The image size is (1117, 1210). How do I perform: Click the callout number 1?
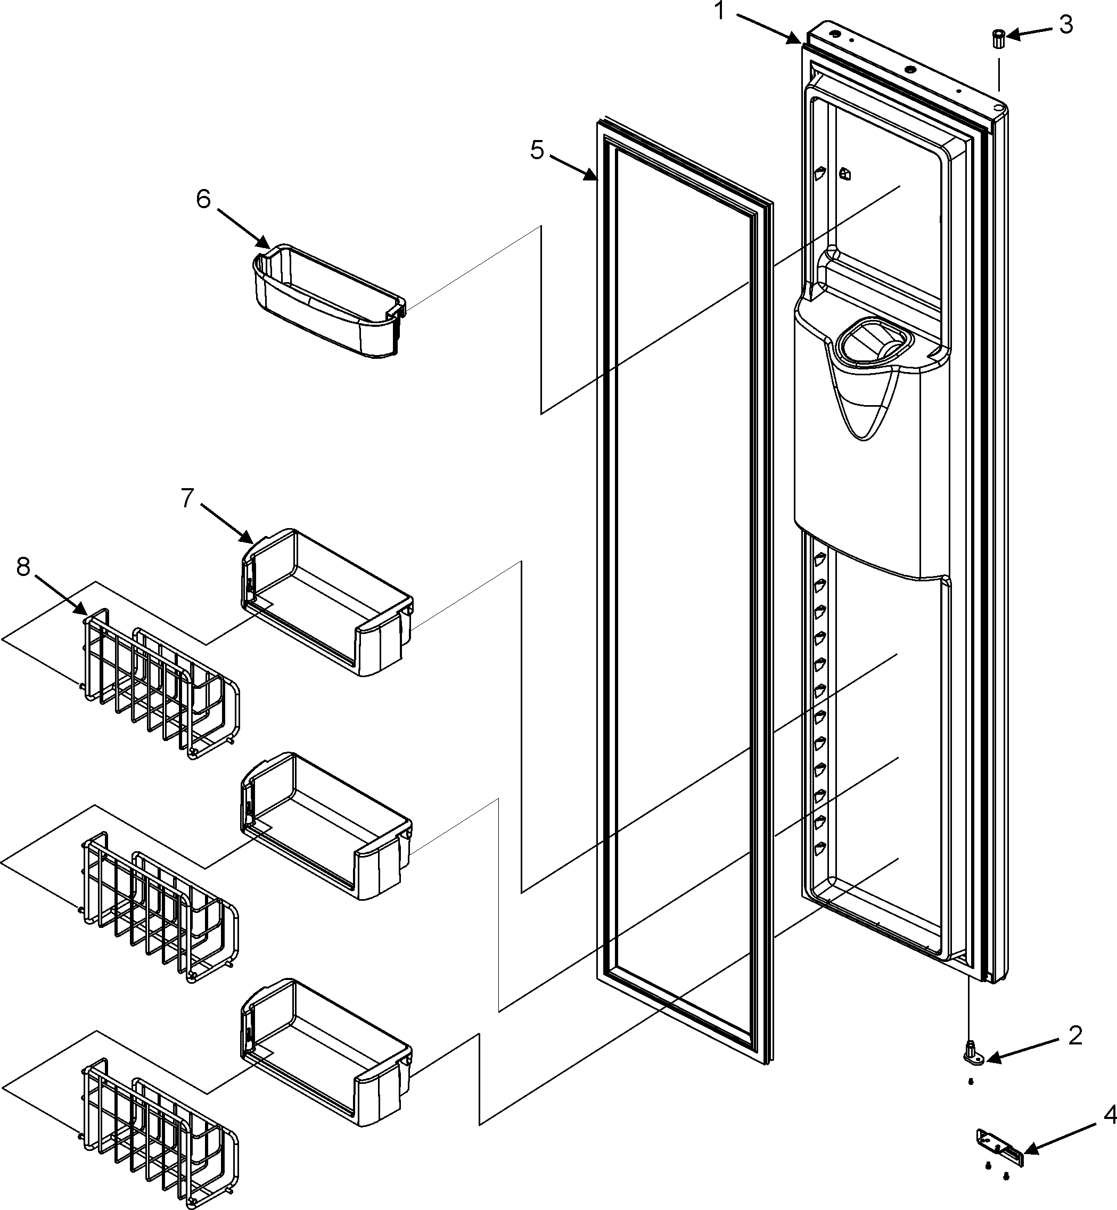click(x=719, y=11)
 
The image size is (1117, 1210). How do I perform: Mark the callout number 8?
click(x=23, y=566)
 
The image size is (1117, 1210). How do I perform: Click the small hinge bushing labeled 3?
click(x=998, y=39)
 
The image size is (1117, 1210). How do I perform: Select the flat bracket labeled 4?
click(x=1000, y=1140)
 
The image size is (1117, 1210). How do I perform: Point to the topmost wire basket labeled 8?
click(x=160, y=683)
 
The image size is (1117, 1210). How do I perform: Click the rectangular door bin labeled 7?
click(x=326, y=604)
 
